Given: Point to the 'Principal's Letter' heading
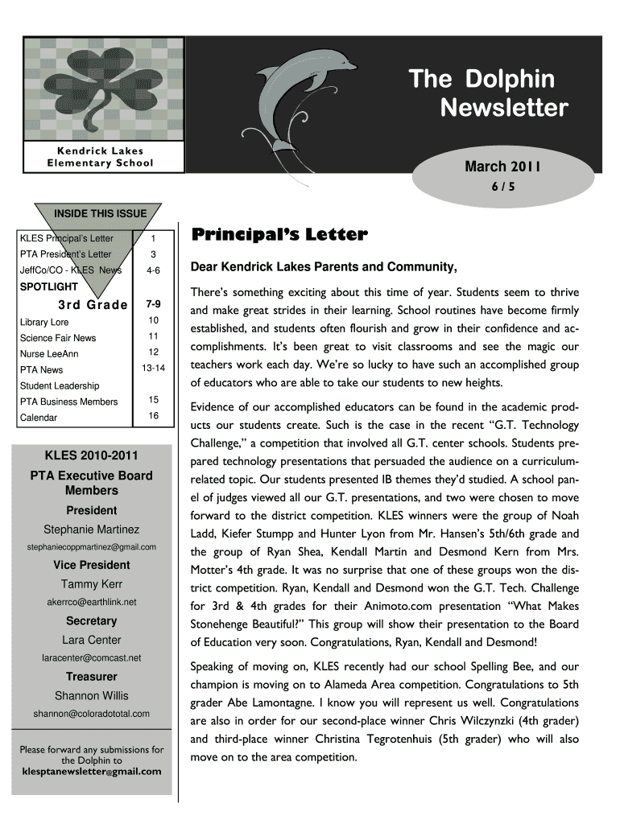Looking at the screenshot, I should pos(279,235).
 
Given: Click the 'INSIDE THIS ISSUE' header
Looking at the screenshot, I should pos(100,213).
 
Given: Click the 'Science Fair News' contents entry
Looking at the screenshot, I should pos(58,338).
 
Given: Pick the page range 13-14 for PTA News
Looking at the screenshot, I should pos(154,369).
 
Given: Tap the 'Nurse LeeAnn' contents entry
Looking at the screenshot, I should pos(49,354).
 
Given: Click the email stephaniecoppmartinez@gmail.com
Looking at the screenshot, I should pos(91,547).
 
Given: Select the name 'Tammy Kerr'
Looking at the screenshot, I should pos(91,583).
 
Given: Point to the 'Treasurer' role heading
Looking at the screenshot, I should pos(91,677).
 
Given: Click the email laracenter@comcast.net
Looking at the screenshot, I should pos(91,658).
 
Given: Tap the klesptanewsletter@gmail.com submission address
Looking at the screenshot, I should pos(91,771).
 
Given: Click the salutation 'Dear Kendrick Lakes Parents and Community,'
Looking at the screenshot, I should pos(324,267).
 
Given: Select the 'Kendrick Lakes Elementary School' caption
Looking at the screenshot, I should pos(100,157).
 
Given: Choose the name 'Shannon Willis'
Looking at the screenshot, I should pos(91,695).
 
